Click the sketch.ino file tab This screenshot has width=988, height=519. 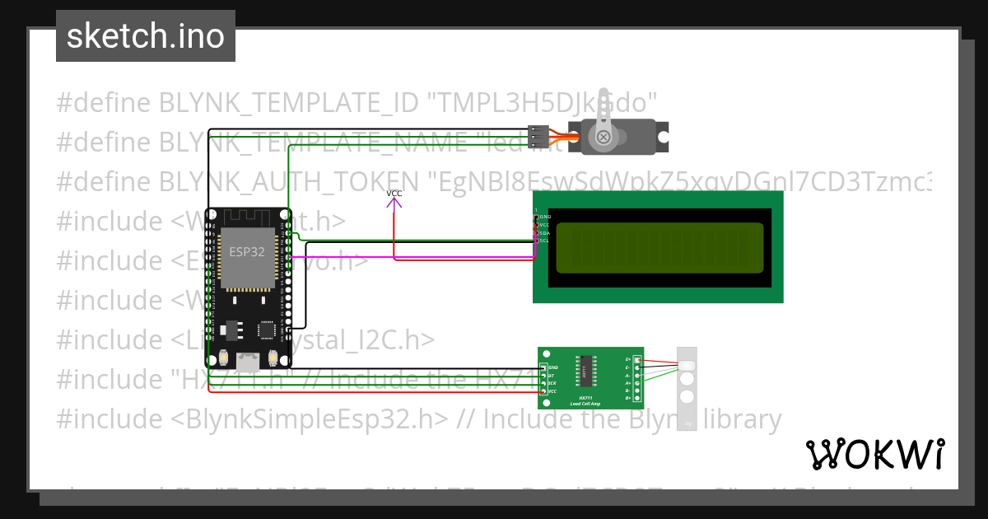tap(146, 36)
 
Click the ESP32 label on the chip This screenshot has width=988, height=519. tap(247, 252)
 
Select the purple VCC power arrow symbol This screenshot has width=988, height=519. tap(394, 200)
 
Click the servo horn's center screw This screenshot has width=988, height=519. tap(603, 137)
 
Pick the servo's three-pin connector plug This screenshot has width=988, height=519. tap(538, 136)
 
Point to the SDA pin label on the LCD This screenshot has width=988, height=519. tap(544, 232)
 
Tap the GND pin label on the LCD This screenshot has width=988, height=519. tap(544, 216)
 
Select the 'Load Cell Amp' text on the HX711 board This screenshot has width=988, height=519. tap(585, 403)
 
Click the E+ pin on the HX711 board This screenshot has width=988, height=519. tap(636, 360)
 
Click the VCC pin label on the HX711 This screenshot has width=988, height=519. tap(552, 391)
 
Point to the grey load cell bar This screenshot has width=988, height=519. tap(686, 387)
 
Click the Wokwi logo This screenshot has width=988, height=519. tap(874, 454)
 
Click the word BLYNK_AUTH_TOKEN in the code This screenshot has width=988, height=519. tap(288, 181)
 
